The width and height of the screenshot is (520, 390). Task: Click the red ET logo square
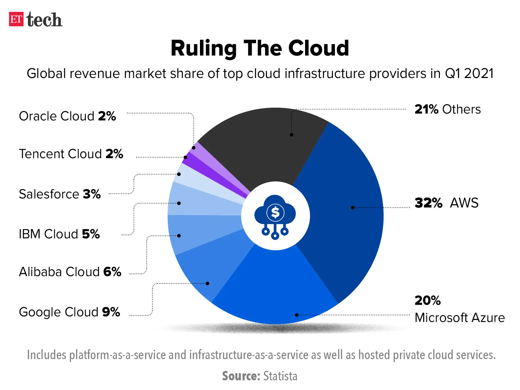16,19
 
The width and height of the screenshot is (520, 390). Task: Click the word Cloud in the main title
318,48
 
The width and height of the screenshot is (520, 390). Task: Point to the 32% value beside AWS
428,203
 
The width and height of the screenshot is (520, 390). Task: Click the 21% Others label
447,110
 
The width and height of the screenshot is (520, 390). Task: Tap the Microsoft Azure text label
459,318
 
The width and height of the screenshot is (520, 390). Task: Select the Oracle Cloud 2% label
67,116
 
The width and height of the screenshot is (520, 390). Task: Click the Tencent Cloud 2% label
71,154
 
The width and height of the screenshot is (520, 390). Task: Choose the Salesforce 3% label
60,194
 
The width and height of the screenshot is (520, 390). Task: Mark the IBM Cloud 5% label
59,234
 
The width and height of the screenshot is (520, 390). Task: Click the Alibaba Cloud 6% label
70,272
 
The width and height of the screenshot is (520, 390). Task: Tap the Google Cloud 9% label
69,312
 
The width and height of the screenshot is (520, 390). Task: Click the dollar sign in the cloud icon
275,212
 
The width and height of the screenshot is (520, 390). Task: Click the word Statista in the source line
280,376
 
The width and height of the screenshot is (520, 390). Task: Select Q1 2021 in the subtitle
469,74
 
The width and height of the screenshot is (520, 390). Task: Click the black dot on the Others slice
291,135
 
